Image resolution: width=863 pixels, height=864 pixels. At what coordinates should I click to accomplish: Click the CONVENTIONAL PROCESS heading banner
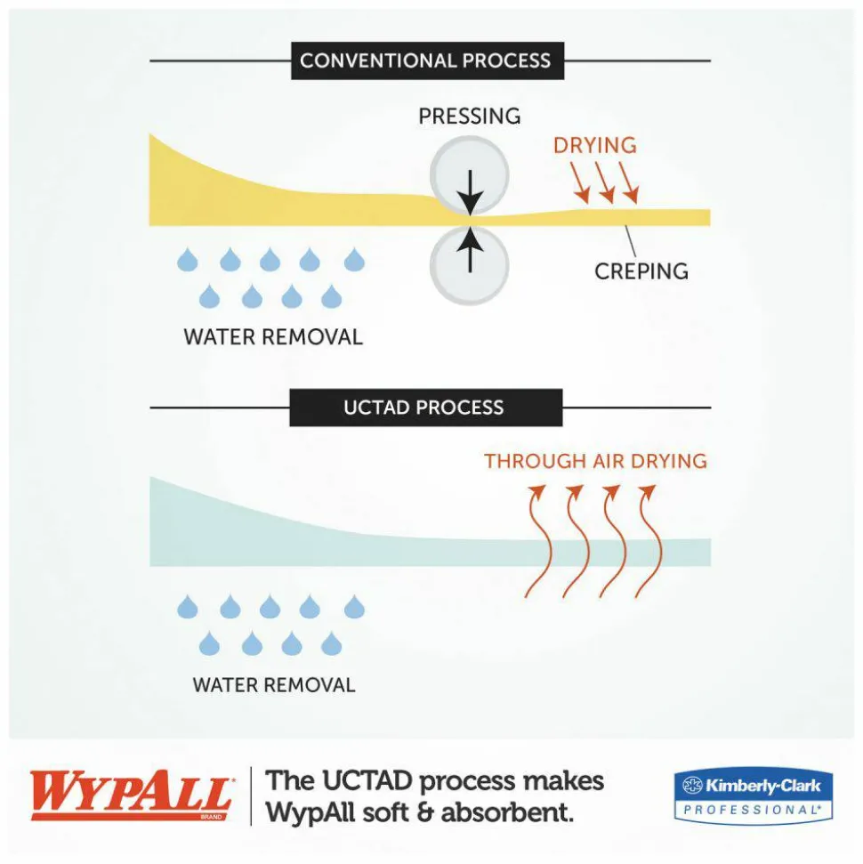pyautogui.click(x=427, y=61)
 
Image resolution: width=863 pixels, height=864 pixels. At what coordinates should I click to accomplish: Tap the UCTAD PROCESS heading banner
pyautogui.click(x=425, y=408)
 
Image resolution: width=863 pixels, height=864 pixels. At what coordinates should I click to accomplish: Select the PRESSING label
pyautogui.click(x=470, y=117)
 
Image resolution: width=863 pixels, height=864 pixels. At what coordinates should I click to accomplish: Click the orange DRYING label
pyautogui.click(x=594, y=145)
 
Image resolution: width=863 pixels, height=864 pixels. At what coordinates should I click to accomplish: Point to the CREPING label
pyautogui.click(x=641, y=271)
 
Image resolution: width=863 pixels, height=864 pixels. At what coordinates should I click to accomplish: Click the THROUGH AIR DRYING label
pyautogui.click(x=596, y=461)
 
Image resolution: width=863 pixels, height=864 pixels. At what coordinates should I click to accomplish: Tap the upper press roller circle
pyautogui.click(x=469, y=175)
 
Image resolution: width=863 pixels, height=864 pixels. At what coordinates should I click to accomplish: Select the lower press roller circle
pyautogui.click(x=469, y=265)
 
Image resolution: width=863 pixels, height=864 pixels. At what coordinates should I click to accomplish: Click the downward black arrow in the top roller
pyautogui.click(x=470, y=192)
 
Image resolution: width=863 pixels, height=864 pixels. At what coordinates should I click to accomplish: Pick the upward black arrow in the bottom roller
pyautogui.click(x=470, y=249)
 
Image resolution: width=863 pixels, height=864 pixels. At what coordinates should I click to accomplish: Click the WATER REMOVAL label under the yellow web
pyautogui.click(x=273, y=337)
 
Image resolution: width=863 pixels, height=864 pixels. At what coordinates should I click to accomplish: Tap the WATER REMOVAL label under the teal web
pyautogui.click(x=274, y=685)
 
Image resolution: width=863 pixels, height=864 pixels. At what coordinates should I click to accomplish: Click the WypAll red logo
pyautogui.click(x=131, y=795)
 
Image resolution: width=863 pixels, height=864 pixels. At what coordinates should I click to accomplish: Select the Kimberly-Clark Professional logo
pyautogui.click(x=754, y=796)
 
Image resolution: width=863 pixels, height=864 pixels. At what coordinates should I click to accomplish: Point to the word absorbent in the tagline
pyautogui.click(x=507, y=812)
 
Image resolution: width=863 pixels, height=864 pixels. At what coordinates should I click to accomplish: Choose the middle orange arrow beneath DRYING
pyautogui.click(x=606, y=182)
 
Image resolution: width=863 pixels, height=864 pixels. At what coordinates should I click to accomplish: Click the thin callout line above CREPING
pyautogui.click(x=631, y=241)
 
